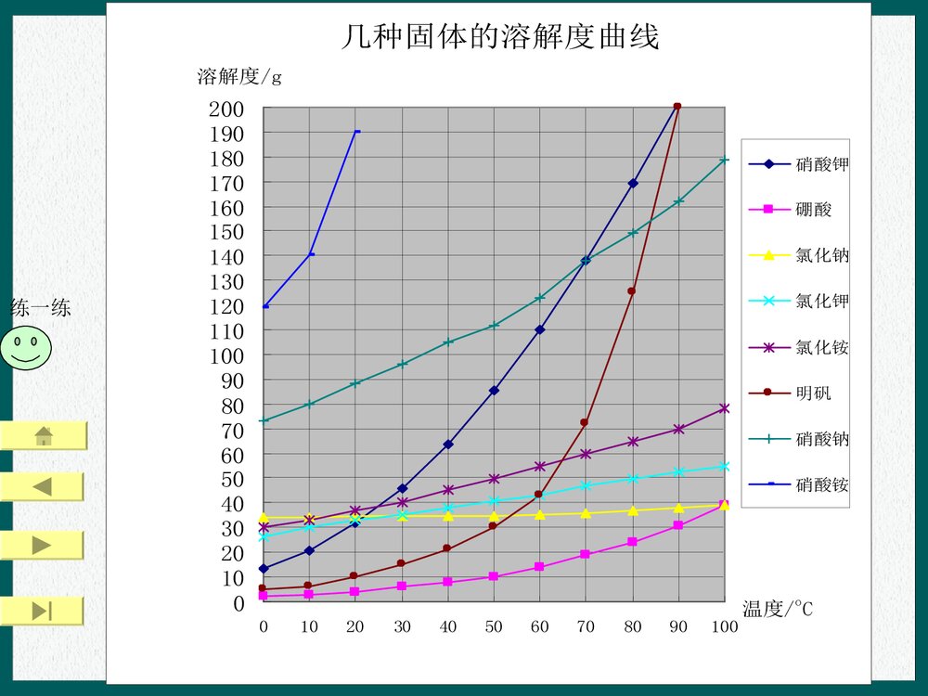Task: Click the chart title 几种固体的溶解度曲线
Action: [500, 37]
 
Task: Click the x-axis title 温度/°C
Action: [778, 609]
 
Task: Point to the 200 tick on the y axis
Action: [226, 109]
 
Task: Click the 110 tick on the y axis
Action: [226, 330]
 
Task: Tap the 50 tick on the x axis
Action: [494, 626]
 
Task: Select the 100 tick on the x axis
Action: [724, 626]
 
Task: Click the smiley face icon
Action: [26, 348]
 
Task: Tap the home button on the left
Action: [43, 435]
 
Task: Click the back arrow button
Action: [43, 486]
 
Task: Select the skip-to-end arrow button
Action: [43, 611]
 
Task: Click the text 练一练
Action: [40, 308]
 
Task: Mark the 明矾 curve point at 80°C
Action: [632, 291]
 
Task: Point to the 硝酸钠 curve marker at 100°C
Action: [724, 160]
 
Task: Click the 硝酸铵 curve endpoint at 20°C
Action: [356, 132]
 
